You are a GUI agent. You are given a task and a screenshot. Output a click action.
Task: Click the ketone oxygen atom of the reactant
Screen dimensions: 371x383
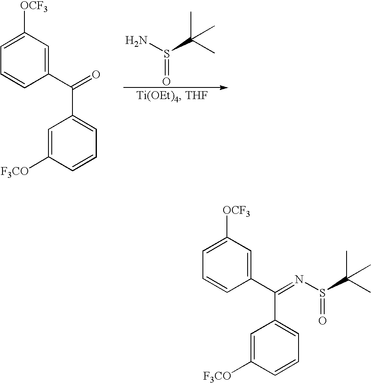pos(96,75)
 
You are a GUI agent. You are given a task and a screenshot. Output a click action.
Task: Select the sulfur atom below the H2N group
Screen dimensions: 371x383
pos(166,54)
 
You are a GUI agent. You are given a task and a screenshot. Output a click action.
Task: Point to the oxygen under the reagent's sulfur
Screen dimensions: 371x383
pos(166,80)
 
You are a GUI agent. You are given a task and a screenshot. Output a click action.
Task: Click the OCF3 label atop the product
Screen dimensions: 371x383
pos(236,212)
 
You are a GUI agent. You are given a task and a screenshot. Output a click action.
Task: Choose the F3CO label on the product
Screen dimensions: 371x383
pos(217,376)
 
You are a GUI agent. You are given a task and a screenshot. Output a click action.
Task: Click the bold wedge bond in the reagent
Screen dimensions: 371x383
pos(181,46)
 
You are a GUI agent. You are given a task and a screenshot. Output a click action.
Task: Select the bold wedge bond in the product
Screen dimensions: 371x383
pos(337,285)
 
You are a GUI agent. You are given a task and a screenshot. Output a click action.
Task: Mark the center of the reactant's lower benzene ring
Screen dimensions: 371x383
pos(73,143)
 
